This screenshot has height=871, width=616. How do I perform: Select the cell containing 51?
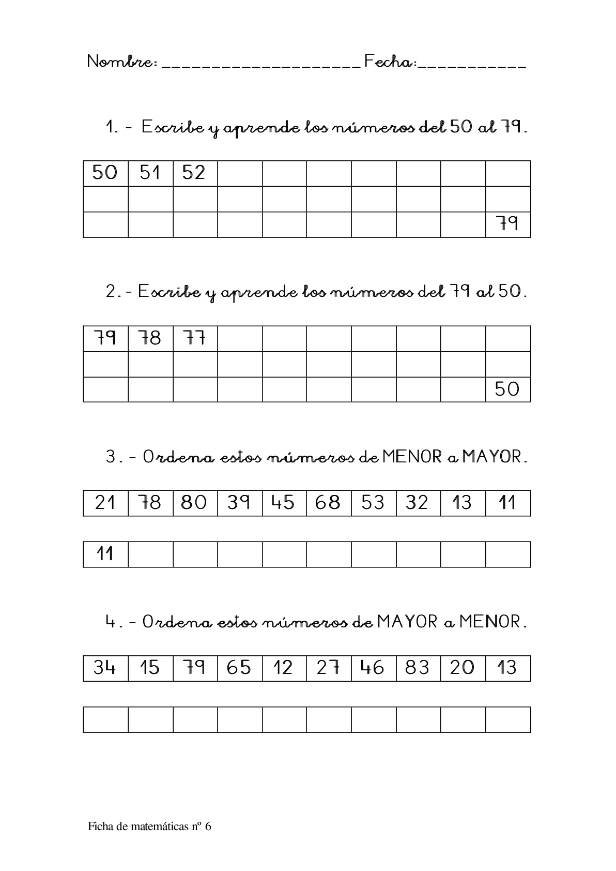tap(150, 173)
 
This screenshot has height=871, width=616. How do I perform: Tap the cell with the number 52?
tap(194, 173)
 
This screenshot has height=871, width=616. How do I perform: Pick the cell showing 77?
tap(194, 338)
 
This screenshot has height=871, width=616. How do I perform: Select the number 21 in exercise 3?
tap(105, 503)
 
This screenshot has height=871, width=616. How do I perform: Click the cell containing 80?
tap(194, 503)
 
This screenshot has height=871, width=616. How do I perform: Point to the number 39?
tap(239, 503)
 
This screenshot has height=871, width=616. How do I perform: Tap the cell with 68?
tap(328, 503)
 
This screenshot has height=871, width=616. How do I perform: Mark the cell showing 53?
tap(373, 503)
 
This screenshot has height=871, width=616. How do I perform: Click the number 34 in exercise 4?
tap(105, 668)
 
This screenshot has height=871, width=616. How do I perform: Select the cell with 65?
tap(239, 668)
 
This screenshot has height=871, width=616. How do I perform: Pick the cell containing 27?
tap(328, 668)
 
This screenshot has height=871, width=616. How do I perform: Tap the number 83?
tap(418, 668)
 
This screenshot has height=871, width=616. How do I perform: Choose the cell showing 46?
tap(373, 668)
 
